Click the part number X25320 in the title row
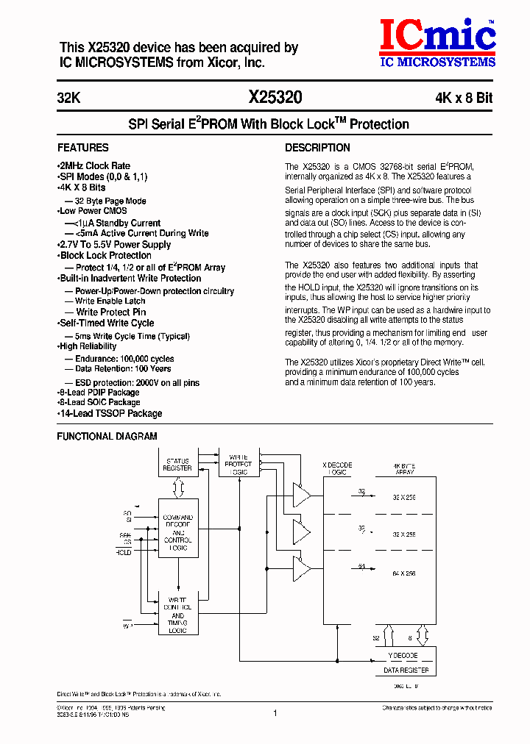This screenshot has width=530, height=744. tap(275, 98)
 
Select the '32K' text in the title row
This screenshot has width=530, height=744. tap(69, 99)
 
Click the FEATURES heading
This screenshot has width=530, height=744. tap(83, 148)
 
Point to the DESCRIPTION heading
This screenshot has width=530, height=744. tap(317, 148)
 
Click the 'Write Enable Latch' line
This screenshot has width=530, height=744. tap(110, 301)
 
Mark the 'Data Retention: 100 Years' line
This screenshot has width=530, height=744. tap(123, 369)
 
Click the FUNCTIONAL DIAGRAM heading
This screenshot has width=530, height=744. tap(107, 437)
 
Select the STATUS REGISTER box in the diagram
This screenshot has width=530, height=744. tap(177, 465)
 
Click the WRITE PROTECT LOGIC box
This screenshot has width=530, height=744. tap(239, 464)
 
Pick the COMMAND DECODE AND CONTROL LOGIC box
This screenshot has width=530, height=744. tap(177, 532)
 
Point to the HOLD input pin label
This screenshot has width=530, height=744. tap(124, 552)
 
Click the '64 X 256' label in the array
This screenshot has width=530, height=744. tap(404, 573)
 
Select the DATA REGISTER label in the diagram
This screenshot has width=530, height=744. tap(400, 670)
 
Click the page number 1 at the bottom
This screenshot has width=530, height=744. tap(275, 712)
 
